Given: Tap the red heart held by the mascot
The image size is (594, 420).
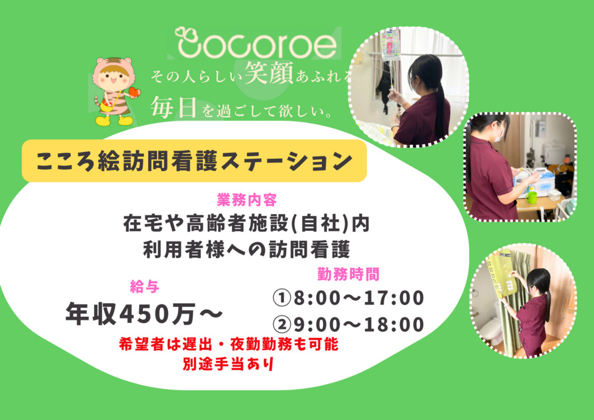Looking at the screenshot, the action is [134, 91].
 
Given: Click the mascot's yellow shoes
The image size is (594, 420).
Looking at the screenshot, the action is [114, 121].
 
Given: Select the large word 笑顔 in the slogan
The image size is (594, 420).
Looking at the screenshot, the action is [269, 72].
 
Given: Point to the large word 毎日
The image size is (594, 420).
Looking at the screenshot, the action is [174, 107].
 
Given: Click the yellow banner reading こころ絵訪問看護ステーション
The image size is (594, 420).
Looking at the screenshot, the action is [194, 161].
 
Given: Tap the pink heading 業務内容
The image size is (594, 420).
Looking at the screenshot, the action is [246, 200].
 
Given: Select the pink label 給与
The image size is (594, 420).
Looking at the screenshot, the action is [144, 287].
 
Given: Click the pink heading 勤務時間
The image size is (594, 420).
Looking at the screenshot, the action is [348, 274].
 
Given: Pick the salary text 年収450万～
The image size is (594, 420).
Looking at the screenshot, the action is [144, 314].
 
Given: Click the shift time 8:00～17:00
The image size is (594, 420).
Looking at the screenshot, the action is [359, 298].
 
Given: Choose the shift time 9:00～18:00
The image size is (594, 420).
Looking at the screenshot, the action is [359, 325].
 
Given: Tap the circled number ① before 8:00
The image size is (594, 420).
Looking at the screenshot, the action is [282, 298].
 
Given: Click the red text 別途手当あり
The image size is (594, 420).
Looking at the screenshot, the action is [228, 364].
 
